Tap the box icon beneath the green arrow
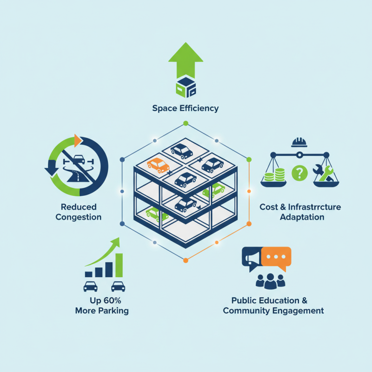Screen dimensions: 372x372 click(x=186, y=86)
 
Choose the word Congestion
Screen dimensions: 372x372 click(x=78, y=217)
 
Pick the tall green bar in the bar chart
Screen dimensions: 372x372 click(x=119, y=265)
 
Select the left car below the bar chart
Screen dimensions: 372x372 click(x=90, y=286)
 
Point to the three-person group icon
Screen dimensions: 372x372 click(x=270, y=280)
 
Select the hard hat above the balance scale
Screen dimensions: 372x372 click(x=299, y=141)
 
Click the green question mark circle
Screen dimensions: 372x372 click(x=299, y=173)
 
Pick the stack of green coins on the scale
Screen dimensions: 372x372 click(x=273, y=176)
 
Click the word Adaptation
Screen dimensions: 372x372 click(x=302, y=217)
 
